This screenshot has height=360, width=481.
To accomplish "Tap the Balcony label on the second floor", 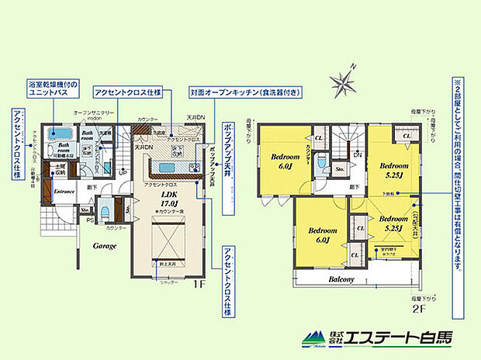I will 341,279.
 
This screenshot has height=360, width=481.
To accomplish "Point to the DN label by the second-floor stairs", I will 357,155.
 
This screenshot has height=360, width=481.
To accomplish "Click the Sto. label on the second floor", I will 339,168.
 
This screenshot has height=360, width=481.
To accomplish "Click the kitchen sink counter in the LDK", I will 165,166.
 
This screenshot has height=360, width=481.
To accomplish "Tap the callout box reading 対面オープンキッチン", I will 247,92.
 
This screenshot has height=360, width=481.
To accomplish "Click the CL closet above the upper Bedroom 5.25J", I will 407,137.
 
